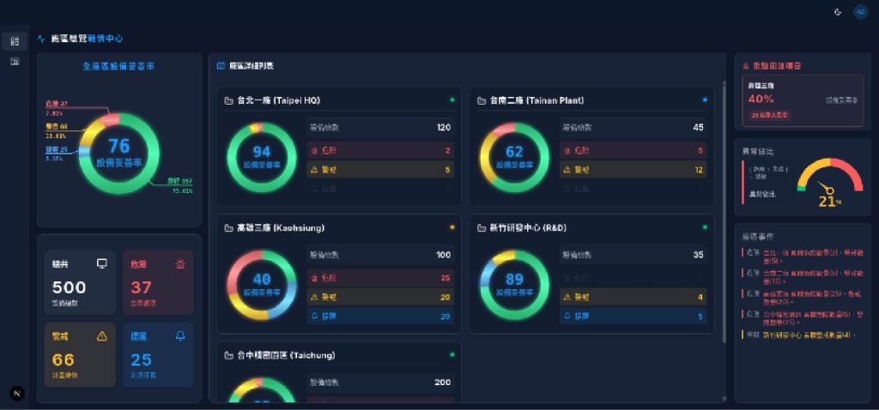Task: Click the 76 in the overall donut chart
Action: point(118,146)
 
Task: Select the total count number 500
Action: point(69,287)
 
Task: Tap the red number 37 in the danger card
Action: point(141,287)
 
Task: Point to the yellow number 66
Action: point(64,359)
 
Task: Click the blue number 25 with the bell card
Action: point(141,359)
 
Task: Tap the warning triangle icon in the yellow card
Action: point(102,335)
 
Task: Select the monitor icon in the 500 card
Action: point(102,263)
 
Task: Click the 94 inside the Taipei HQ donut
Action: point(262,152)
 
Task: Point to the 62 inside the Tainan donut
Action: point(514,152)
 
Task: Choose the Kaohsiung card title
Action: point(280,228)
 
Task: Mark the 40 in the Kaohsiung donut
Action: point(262,279)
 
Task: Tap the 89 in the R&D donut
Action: point(514,279)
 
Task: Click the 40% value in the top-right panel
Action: point(761,99)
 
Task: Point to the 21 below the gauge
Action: point(827,202)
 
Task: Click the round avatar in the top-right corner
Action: point(860,11)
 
